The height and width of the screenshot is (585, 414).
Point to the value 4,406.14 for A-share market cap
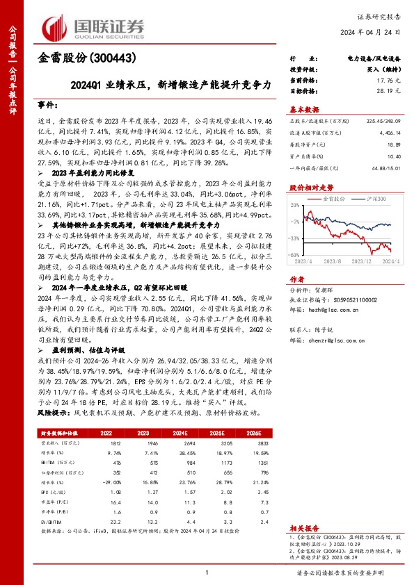click(388, 131)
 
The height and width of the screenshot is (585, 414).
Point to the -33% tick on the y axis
click(295, 237)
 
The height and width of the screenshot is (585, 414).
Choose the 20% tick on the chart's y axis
click(296, 205)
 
